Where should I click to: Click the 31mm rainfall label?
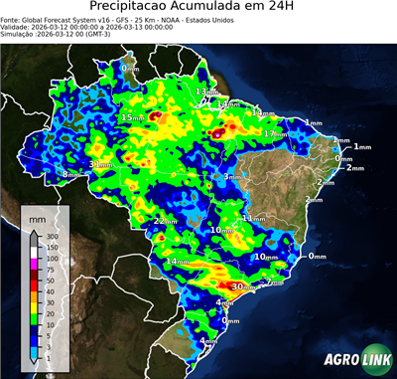tap(101, 165)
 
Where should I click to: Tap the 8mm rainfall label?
tap(70, 175)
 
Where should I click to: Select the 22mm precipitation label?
tap(165, 221)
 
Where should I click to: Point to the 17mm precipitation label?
tap(273, 133)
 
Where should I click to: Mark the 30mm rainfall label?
tap(242, 287)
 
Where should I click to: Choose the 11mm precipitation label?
tap(255, 218)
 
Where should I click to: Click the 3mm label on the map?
tap(231, 177)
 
